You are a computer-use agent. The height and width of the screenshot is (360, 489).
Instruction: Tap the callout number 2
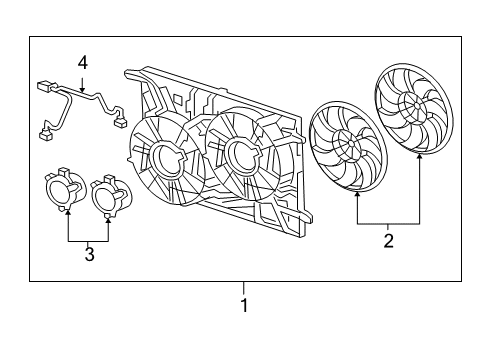pyautogui.click(x=388, y=240)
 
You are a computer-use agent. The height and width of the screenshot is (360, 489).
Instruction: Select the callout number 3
pyautogui.click(x=89, y=256)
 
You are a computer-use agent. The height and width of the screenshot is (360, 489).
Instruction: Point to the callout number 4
pyautogui.click(x=83, y=62)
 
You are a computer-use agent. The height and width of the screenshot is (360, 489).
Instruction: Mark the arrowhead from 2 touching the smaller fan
pyautogui.click(x=358, y=196)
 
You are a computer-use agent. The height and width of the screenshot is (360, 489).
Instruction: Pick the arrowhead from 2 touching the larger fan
pyautogui.click(x=419, y=160)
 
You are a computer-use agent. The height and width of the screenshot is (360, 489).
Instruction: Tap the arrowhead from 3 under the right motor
pyautogui.click(x=107, y=216)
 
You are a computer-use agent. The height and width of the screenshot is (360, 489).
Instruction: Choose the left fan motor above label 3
pyautogui.click(x=64, y=191)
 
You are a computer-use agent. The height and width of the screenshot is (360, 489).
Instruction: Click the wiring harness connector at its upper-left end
pyautogui.click(x=44, y=87)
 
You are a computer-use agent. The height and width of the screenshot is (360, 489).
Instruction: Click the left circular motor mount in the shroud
pyautogui.click(x=159, y=159)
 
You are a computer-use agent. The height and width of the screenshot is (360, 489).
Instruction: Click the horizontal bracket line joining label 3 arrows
pyautogui.click(x=88, y=241)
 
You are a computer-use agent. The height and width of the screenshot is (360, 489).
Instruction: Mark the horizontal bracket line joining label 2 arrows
pyautogui.click(x=389, y=223)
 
